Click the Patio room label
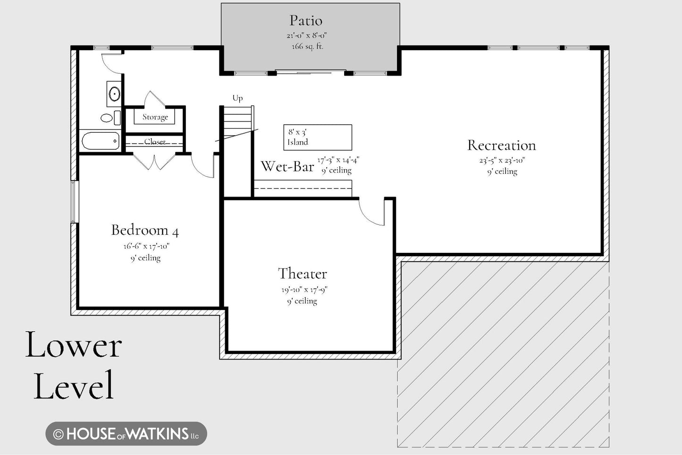click(306, 21)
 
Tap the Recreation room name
click(501, 146)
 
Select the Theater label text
click(303, 274)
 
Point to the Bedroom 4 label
click(144, 230)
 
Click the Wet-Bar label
click(287, 166)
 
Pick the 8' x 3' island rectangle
click(318, 137)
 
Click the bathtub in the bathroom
click(101, 141)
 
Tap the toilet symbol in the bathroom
click(110, 118)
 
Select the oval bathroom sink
click(114, 94)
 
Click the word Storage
click(155, 117)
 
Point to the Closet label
click(155, 142)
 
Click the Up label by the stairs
click(237, 98)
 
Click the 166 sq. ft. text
click(307, 47)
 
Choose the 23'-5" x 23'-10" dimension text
click(502, 160)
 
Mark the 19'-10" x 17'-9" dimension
click(304, 290)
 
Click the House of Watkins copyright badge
click(126, 433)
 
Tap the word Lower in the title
click(73, 345)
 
